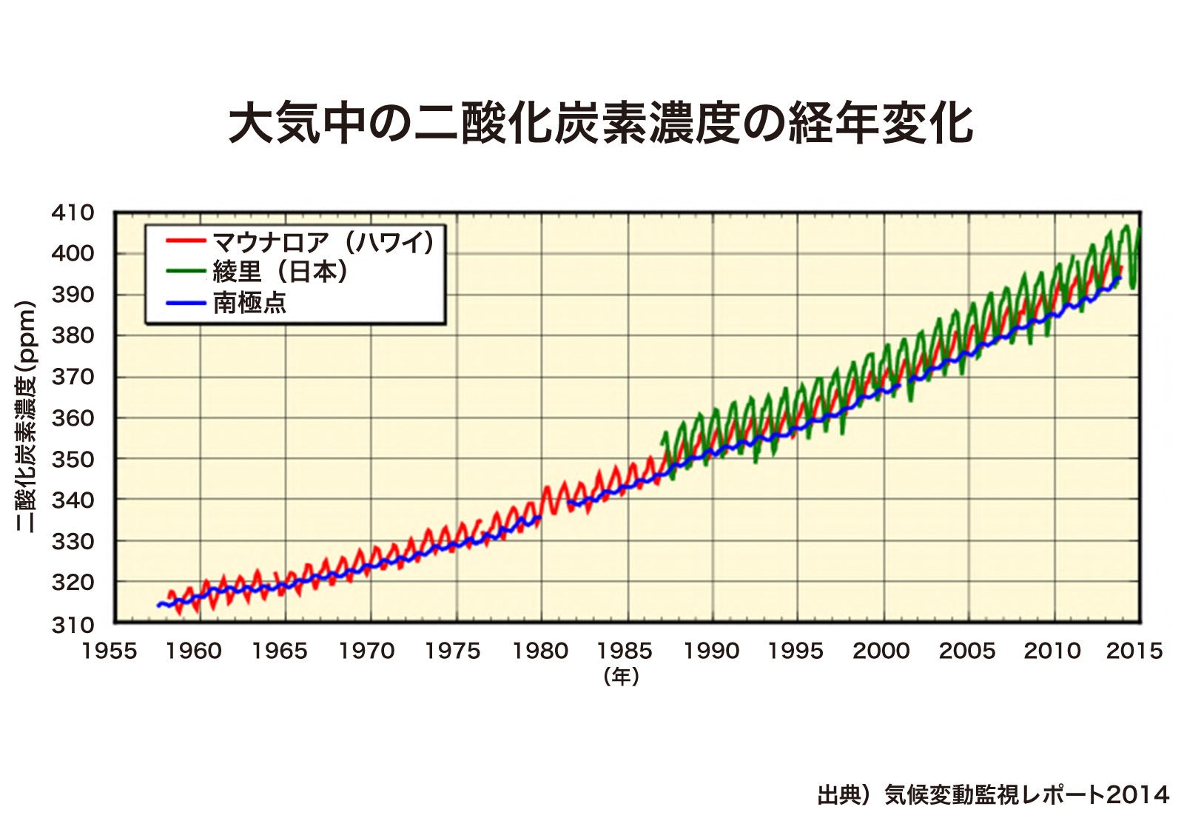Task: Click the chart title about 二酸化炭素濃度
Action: tap(599, 123)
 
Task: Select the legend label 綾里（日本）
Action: tap(280, 272)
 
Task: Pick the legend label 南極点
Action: tap(249, 303)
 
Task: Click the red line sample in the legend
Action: tap(185, 241)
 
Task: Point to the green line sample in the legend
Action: tap(185, 271)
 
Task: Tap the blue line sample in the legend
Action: tap(185, 303)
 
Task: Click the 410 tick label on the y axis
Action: tap(73, 213)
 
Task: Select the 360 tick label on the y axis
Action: tap(73, 418)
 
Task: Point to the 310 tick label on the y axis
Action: tap(73, 624)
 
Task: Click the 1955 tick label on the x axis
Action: tap(109, 651)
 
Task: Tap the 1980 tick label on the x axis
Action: tap(541, 651)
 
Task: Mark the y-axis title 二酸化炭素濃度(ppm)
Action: tap(27, 417)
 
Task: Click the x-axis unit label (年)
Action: tap(621, 676)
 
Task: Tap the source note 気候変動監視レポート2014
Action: tap(992, 795)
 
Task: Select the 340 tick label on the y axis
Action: tap(73, 500)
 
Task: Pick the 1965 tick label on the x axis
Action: tap(279, 651)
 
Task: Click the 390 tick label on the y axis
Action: tap(73, 295)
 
